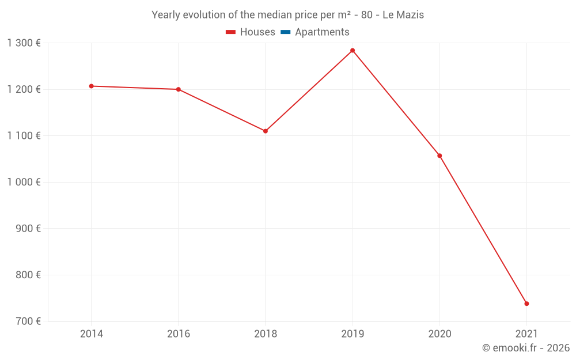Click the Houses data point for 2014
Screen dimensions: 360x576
tap(91, 86)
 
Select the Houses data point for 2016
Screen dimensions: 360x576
tap(178, 89)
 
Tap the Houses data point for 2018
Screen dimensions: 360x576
tap(266, 131)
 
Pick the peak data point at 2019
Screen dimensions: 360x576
tap(353, 51)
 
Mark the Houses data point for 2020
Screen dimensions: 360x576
tap(439, 156)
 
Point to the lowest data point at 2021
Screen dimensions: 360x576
tap(526, 304)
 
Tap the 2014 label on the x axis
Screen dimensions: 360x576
tap(91, 334)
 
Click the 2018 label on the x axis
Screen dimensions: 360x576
tap(266, 334)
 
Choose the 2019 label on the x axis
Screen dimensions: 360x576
tap(353, 334)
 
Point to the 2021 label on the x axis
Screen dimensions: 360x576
tap(526, 334)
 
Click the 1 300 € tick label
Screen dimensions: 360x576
tap(24, 43)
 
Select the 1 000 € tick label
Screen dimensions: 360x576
tap(24, 182)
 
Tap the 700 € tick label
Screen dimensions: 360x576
tap(28, 321)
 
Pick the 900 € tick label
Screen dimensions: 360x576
tap(28, 229)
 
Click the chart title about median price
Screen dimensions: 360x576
tap(287, 15)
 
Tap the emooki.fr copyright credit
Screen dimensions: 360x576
tap(526, 348)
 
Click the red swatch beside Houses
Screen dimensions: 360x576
tap(230, 32)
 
